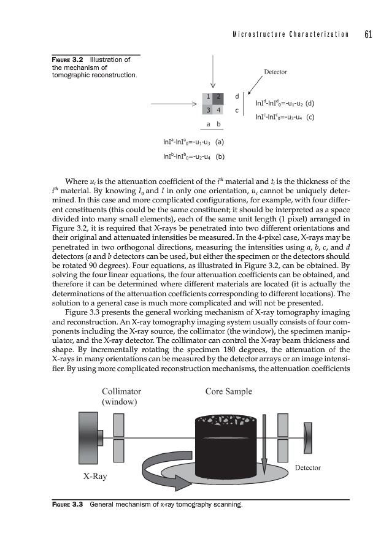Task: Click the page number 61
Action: pos(368,34)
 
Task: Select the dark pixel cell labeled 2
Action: pos(218,97)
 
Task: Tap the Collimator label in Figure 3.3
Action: pos(121,391)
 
